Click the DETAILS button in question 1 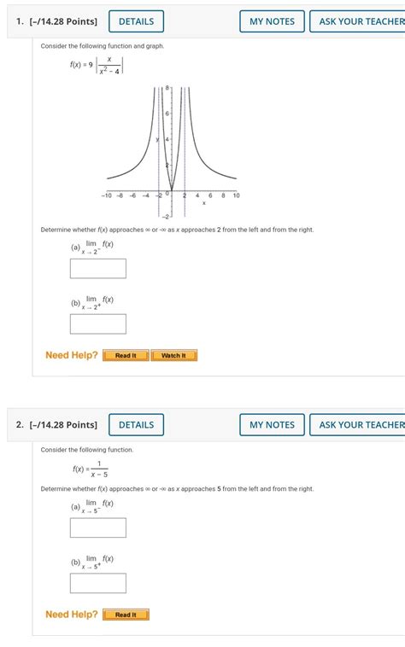[x=136, y=21]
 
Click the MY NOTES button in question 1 [x=272, y=21]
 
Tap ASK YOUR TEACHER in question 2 [x=361, y=424]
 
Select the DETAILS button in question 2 [x=136, y=424]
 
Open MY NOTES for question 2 [x=272, y=424]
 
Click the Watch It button [x=173, y=355]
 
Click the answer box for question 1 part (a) [x=98, y=269]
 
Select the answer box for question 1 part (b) [x=98, y=324]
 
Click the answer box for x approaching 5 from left [x=98, y=528]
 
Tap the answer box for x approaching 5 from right [x=98, y=583]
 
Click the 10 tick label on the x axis [x=236, y=195]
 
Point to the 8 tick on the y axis [x=168, y=88]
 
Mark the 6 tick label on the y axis [x=167, y=114]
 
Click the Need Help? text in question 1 [x=72, y=355]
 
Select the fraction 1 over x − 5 [x=99, y=469]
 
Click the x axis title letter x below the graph [x=203, y=203]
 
